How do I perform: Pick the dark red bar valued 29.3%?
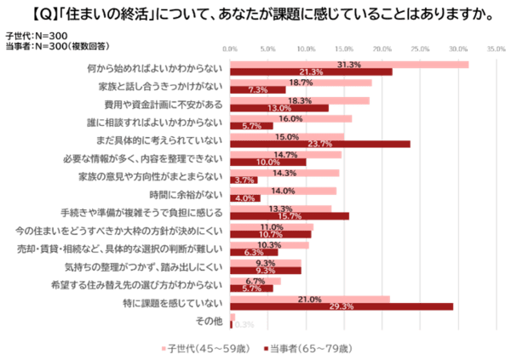(x=342, y=306)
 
